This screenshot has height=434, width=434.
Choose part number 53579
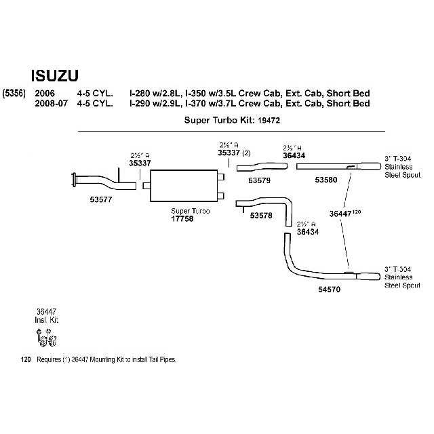coord(259,181)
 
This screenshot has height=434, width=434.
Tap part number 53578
coord(261,216)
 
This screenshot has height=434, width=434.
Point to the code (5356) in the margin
coord(14,93)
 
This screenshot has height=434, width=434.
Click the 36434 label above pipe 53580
coord(294,155)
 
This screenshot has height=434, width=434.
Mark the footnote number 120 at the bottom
coord(26,359)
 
